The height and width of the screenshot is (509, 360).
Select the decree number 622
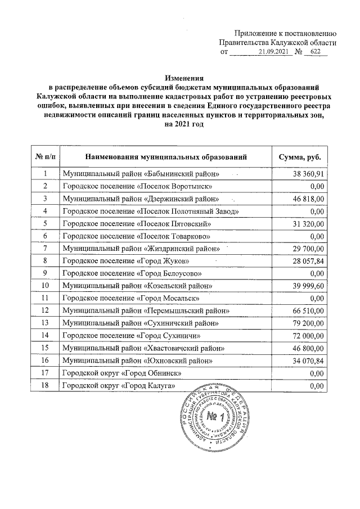point(314,52)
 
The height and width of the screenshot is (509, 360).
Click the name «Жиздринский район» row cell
point(141,248)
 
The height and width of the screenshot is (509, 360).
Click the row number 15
point(44,348)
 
